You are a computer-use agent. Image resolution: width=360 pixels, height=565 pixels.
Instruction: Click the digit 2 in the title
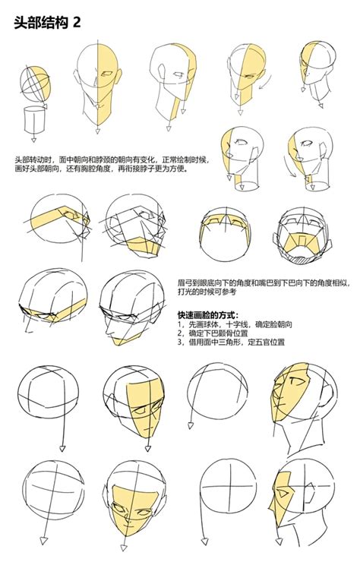click(x=76, y=23)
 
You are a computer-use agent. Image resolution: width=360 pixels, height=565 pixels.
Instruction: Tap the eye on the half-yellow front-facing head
click(x=109, y=74)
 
